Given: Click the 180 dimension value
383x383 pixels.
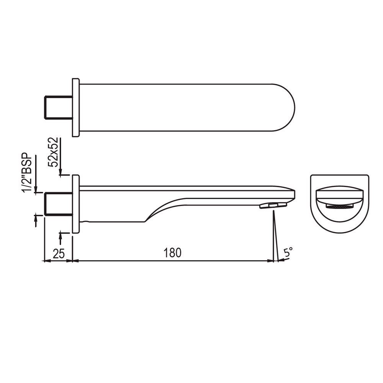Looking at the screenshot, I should [172, 253].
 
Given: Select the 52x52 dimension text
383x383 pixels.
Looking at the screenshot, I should [54, 152].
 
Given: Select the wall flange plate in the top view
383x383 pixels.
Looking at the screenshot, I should [76, 108].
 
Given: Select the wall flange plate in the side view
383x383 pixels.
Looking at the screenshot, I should [76, 204].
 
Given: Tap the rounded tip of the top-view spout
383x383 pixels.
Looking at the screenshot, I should [287, 108].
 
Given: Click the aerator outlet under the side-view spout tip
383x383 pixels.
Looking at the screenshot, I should [273, 206].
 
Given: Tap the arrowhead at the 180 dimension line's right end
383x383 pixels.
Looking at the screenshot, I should [270, 261].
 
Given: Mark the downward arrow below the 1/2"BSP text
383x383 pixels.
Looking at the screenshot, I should [36, 190].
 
